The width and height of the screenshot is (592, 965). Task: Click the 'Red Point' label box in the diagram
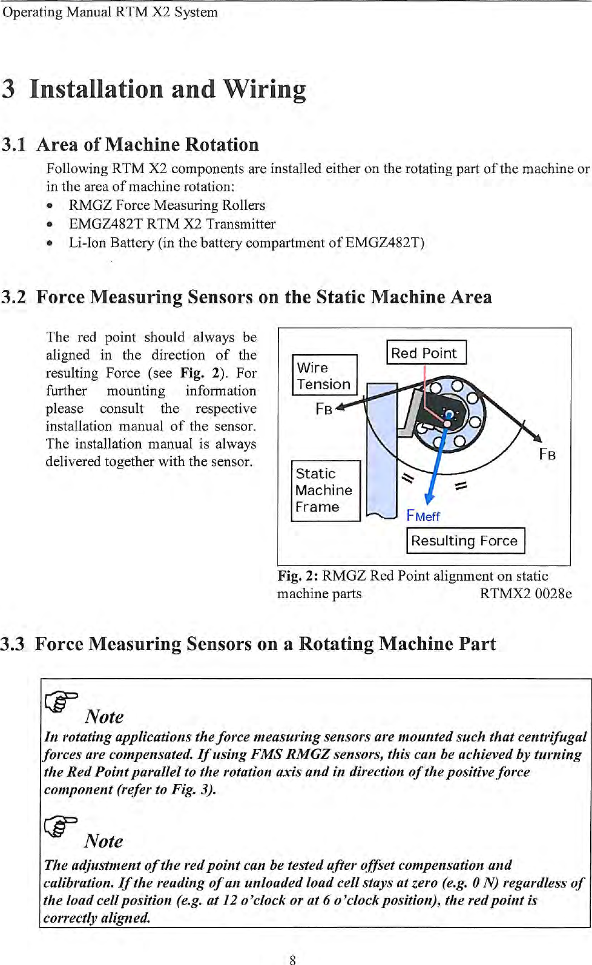[x=426, y=352]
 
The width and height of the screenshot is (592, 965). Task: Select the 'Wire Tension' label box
[x=324, y=375]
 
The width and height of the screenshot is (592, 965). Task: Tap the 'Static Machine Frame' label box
[x=326, y=490]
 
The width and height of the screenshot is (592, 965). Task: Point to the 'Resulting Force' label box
[x=465, y=541]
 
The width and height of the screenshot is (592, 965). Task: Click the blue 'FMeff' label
[x=423, y=516]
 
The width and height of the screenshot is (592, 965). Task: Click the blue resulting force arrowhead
[x=429, y=498]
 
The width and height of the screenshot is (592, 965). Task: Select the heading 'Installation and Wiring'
[x=168, y=89]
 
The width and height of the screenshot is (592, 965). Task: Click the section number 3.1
[x=14, y=145]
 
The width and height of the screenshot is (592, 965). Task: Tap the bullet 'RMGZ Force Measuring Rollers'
[x=166, y=205]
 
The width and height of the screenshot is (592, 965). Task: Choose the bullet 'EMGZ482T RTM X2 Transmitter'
[x=172, y=224]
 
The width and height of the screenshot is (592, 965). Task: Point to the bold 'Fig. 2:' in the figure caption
[x=297, y=576]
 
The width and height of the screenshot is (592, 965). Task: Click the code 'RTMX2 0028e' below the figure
[x=525, y=593]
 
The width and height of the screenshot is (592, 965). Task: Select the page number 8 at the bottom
[x=292, y=959]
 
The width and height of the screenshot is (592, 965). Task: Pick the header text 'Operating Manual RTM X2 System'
[x=110, y=12]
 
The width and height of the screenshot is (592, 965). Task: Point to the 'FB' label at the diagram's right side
[x=547, y=454]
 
